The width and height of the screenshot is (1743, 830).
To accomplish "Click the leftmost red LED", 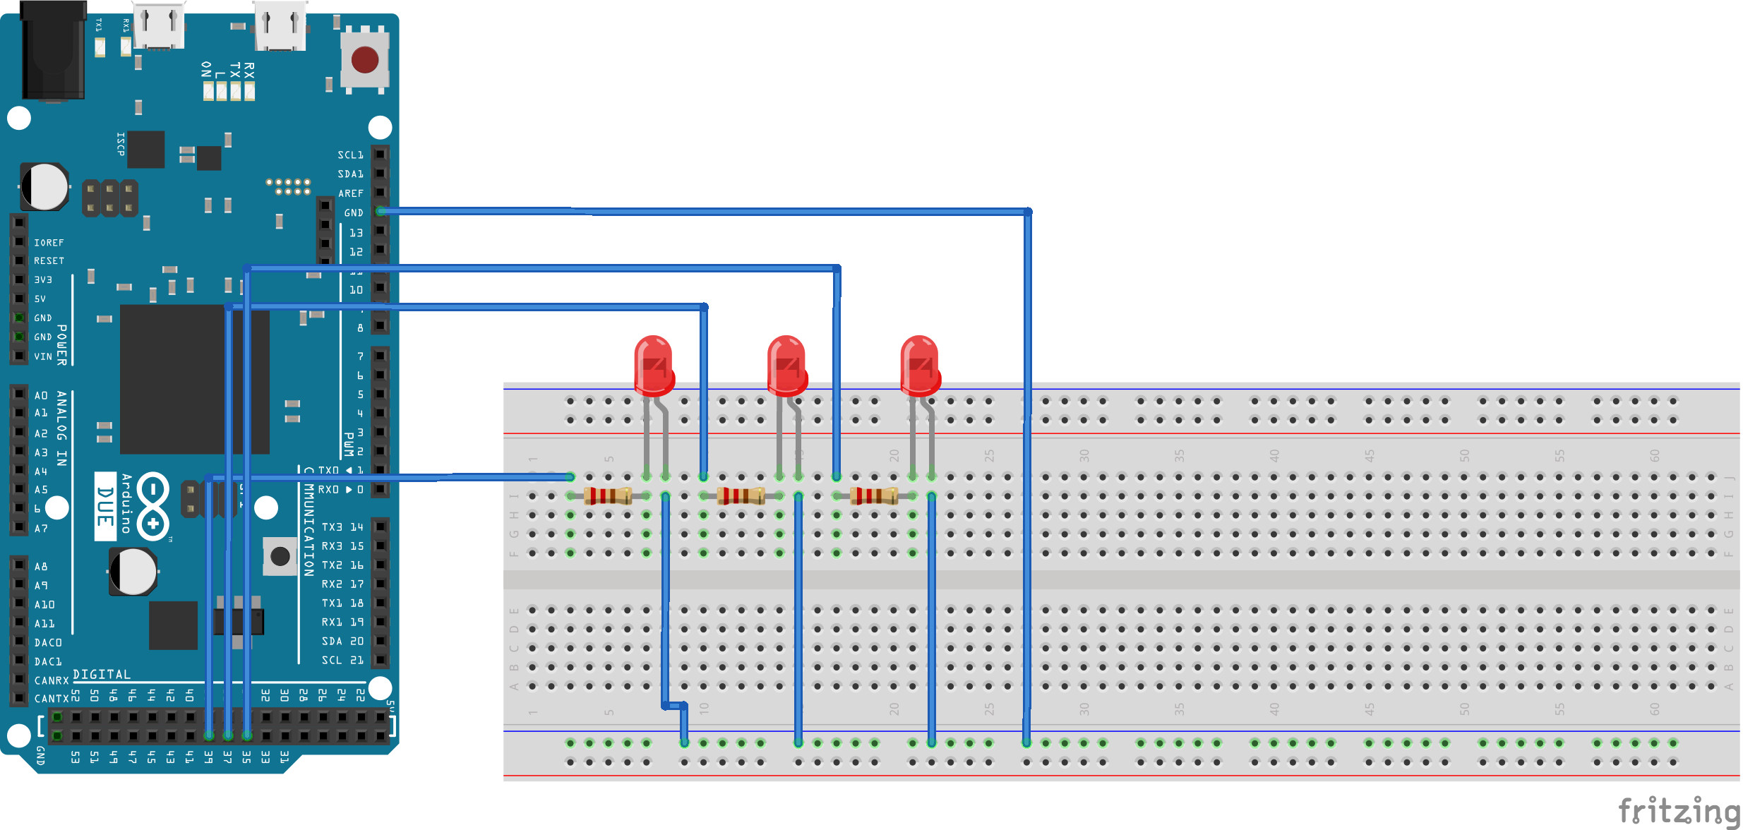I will point(654,365).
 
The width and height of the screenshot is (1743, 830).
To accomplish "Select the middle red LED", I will point(786,365).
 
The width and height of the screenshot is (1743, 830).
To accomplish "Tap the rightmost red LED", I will point(920,365).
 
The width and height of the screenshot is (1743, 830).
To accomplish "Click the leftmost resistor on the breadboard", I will point(608,495).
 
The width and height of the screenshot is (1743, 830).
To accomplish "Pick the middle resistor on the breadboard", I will point(741,495).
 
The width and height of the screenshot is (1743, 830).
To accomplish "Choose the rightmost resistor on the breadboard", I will point(874,495).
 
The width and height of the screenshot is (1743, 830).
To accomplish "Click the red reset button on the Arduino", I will point(364,60).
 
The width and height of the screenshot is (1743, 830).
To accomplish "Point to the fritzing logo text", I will point(1679,810).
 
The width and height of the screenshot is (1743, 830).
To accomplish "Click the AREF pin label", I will point(350,193).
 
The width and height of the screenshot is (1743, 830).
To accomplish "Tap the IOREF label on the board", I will point(49,243).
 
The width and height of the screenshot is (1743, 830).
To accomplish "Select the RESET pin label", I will point(49,261).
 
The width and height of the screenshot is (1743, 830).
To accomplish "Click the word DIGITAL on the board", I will point(102,675).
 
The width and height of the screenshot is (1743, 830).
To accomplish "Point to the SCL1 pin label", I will point(350,155).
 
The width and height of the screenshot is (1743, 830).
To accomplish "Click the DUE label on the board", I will point(105,506).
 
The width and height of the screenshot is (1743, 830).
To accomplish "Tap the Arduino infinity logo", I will point(152,506).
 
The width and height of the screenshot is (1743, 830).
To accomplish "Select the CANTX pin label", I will point(52,699).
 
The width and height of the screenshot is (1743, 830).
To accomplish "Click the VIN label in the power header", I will point(43,357).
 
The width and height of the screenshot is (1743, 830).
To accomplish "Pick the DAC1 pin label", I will point(48,662).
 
